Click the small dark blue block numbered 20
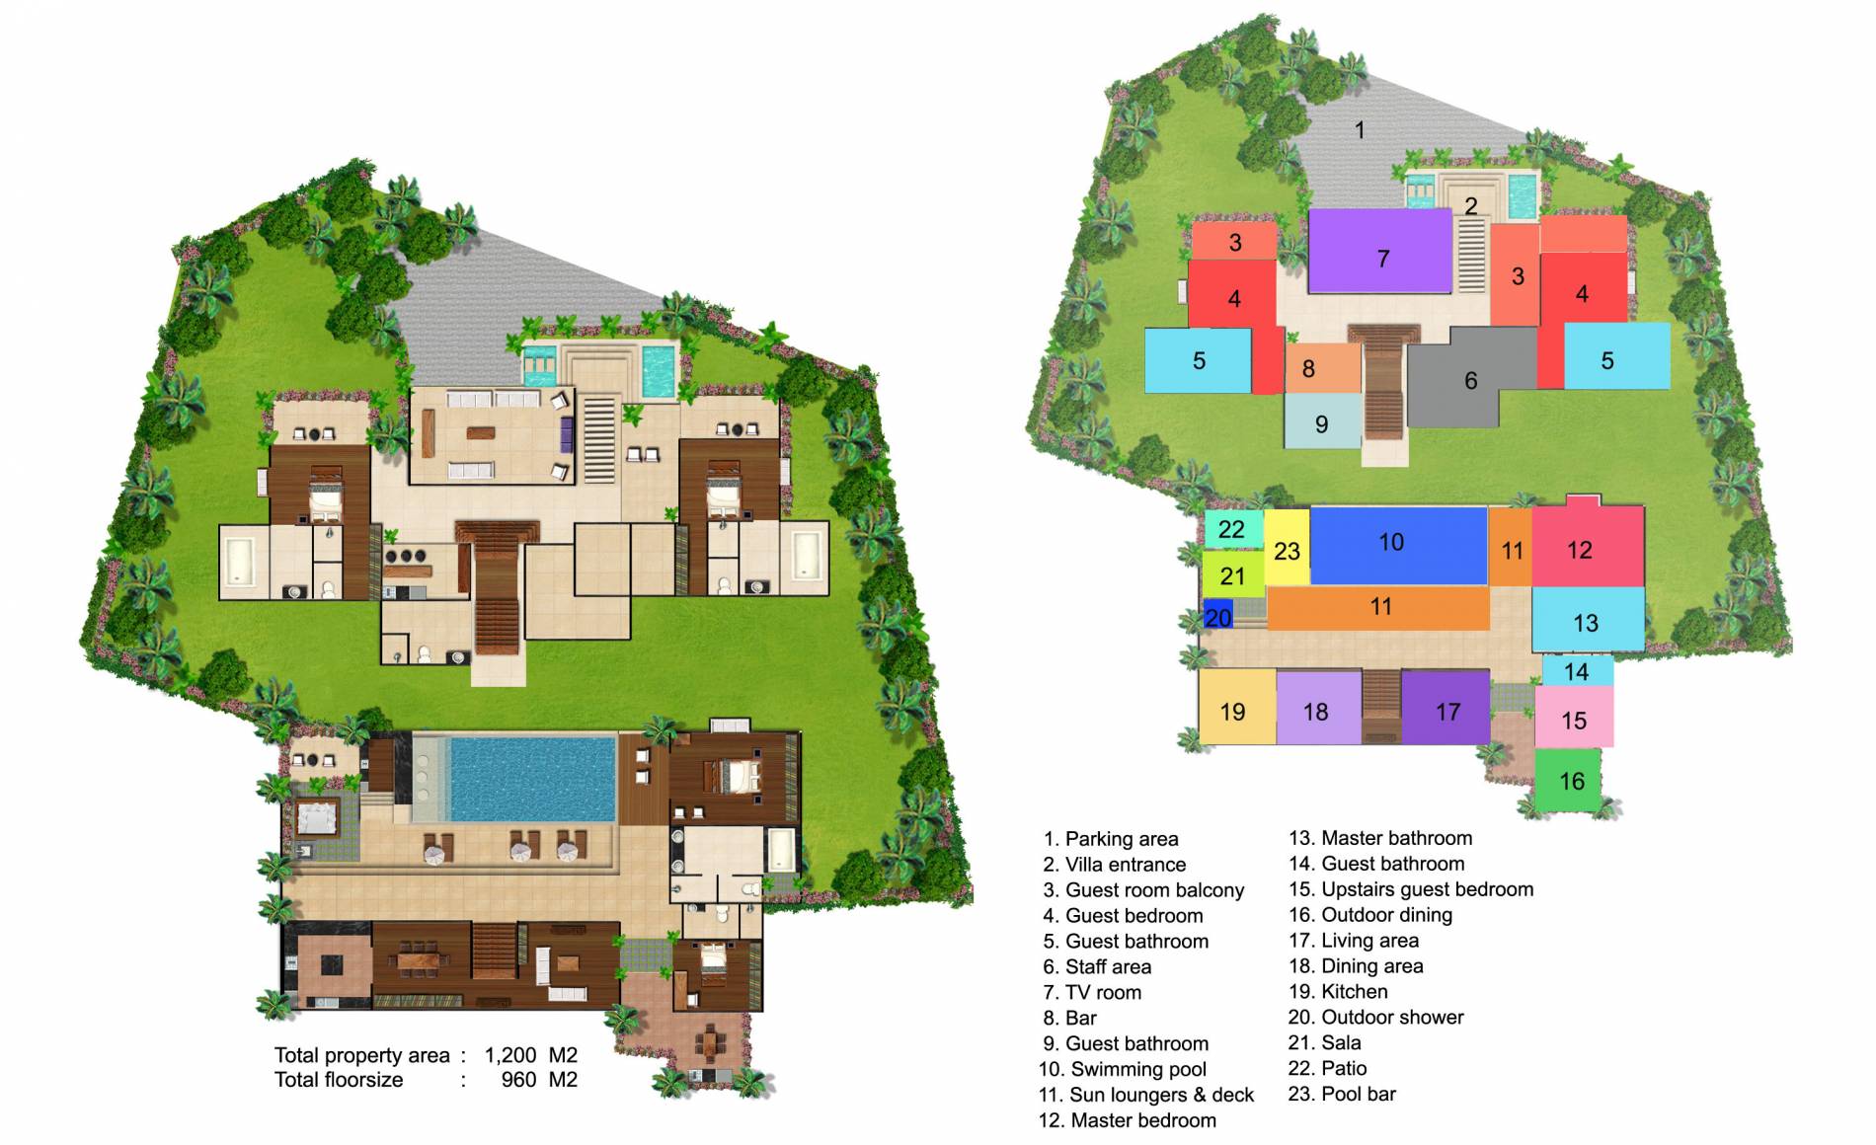pos(1217,616)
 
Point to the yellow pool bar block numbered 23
pos(1286,548)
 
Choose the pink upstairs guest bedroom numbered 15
pos(1574,718)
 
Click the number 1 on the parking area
pos(1360,129)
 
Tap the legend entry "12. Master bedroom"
pos(1128,1120)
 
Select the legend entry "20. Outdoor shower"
pos(1375,1017)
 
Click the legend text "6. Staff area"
pos(1097,966)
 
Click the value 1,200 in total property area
pos(510,1055)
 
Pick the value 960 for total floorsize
pos(518,1080)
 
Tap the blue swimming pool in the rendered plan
pos(531,780)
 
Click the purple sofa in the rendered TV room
pos(567,434)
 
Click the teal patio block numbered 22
pos(1232,529)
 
